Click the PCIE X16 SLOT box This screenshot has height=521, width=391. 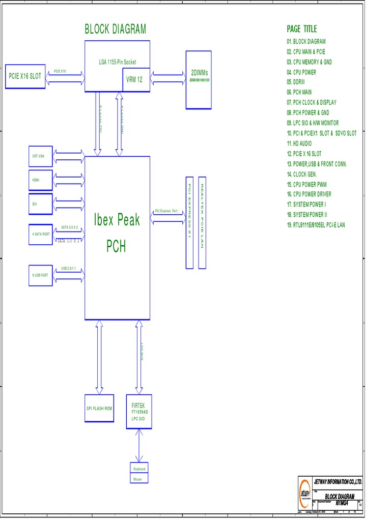tap(25, 76)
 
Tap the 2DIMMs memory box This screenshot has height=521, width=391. tap(199, 80)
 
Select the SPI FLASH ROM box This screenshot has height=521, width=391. tap(99, 408)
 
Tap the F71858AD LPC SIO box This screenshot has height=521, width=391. tap(139, 411)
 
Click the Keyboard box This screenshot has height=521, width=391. tap(139, 469)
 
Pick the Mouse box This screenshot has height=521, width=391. tap(139, 479)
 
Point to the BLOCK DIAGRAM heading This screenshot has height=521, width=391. tap(115, 29)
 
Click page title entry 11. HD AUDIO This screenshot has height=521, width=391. tap(299, 143)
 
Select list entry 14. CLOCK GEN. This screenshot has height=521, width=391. tap(305, 174)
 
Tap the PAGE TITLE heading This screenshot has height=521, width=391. tap(301, 29)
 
